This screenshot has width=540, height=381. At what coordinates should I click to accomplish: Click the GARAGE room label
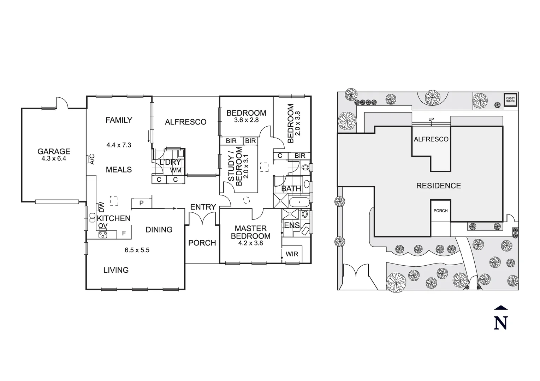point(54,151)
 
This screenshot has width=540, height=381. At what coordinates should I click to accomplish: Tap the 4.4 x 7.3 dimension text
point(119,145)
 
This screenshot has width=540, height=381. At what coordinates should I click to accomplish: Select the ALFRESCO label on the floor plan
point(185,122)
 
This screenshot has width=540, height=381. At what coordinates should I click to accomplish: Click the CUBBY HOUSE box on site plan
point(510,99)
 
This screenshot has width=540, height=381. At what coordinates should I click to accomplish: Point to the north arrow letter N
point(500,322)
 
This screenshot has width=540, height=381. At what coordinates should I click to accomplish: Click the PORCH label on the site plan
point(440,211)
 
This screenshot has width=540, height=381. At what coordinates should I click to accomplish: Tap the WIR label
point(292,254)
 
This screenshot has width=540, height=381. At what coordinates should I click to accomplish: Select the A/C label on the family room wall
point(92,159)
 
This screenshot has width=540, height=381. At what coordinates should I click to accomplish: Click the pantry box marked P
point(141,203)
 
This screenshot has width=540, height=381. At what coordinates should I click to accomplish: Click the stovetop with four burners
point(103,234)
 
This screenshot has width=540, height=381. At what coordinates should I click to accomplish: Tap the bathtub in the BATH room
point(299,202)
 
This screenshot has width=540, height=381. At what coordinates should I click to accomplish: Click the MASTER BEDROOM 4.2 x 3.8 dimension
point(250,243)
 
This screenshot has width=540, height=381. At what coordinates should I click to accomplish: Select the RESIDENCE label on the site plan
point(438,186)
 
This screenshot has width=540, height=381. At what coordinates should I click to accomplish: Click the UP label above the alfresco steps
point(431,119)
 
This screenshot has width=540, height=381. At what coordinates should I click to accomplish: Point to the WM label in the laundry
point(176,170)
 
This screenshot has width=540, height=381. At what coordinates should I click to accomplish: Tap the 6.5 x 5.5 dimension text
point(137,250)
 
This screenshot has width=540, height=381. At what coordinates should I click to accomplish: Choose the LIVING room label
point(116,270)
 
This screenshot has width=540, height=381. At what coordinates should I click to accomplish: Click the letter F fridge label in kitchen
point(124,233)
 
